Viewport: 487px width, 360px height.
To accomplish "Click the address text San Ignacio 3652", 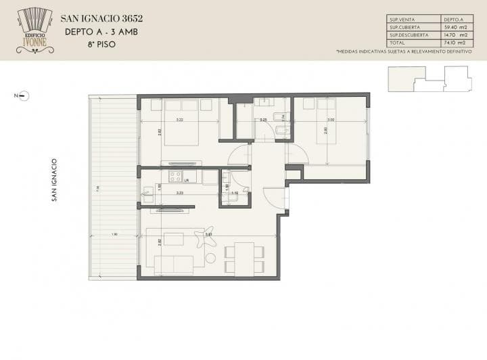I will tap(101, 18).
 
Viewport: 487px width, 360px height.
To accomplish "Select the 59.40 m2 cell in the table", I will tap(453, 27).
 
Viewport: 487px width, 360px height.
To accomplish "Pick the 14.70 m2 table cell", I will tap(453, 35).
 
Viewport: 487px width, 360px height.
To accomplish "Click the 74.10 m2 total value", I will tap(453, 42).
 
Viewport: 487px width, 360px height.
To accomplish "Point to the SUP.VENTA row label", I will tap(402, 20).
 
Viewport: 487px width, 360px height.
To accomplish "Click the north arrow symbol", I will tap(22, 96).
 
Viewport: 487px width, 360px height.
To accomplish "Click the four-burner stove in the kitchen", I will tap(177, 177).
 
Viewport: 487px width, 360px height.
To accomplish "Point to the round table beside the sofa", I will tap(210, 257).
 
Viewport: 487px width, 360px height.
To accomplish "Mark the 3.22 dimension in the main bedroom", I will tap(179, 120).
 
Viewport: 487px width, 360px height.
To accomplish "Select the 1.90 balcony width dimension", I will tap(114, 235).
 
